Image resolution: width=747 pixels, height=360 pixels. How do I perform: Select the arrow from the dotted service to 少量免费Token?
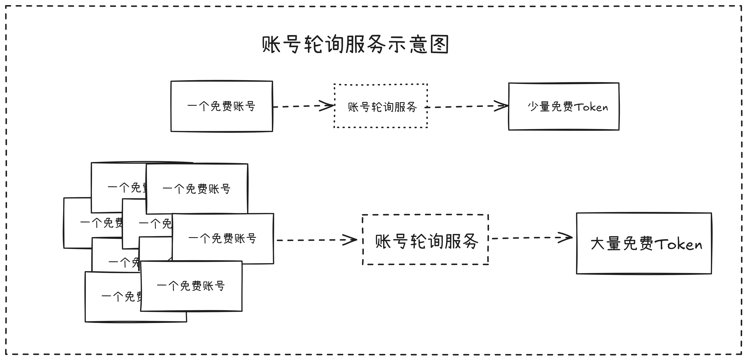pos(467,106)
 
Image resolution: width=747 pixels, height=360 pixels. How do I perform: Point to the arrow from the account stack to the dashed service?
pos(316,240)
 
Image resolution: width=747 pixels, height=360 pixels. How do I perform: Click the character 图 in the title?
pos(439,44)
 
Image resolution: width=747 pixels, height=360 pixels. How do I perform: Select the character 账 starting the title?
pos(271,44)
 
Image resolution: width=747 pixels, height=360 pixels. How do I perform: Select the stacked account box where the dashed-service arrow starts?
pos(223,239)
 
